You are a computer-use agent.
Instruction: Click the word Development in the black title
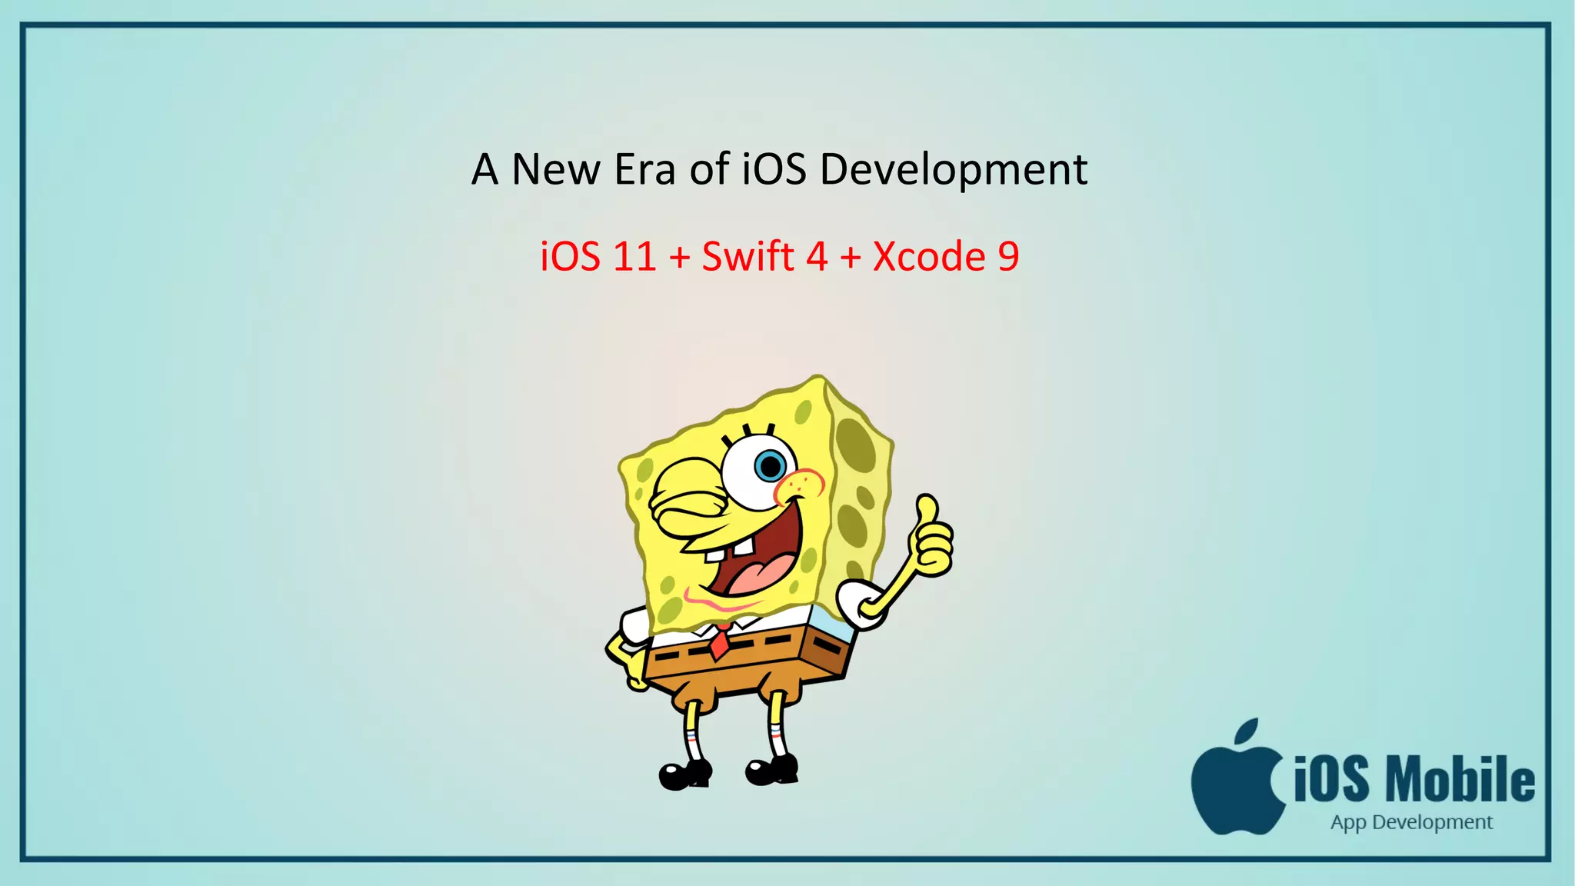tap(954, 170)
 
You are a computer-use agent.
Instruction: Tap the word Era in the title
tap(644, 170)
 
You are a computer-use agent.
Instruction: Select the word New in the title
tap(555, 170)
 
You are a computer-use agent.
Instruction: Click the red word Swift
tap(748, 257)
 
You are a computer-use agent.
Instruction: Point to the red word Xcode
tap(929, 257)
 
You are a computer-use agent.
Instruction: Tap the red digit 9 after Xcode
tap(1008, 257)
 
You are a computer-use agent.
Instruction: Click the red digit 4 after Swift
tap(817, 257)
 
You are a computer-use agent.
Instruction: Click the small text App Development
tap(1411, 822)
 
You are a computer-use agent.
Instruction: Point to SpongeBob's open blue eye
tap(769, 465)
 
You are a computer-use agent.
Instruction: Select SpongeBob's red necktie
tap(721, 642)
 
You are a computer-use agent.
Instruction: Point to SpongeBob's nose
tap(800, 485)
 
